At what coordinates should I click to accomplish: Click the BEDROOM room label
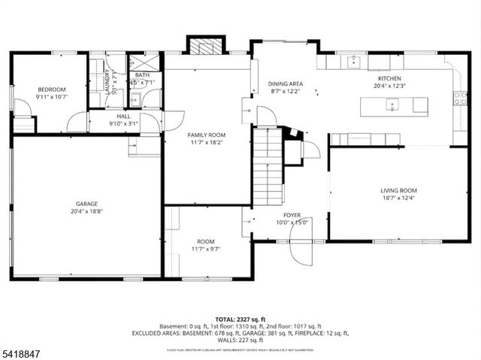point(52,89)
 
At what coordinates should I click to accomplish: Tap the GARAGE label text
point(86,204)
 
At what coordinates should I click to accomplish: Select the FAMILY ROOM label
point(206,135)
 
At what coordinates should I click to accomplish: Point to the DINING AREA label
point(285,84)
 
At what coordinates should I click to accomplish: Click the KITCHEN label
point(389,78)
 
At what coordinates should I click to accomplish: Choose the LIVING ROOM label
point(398,191)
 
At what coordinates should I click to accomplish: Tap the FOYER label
point(292,215)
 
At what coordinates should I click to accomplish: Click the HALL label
point(123,116)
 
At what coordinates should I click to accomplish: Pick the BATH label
point(142,75)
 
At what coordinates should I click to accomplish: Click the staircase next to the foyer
point(267,167)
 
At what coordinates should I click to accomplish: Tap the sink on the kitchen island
point(392,105)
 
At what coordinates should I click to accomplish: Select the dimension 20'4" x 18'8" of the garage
point(86,211)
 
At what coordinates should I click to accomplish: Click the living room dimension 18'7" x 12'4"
point(398,198)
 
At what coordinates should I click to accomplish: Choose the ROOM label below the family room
point(206,241)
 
